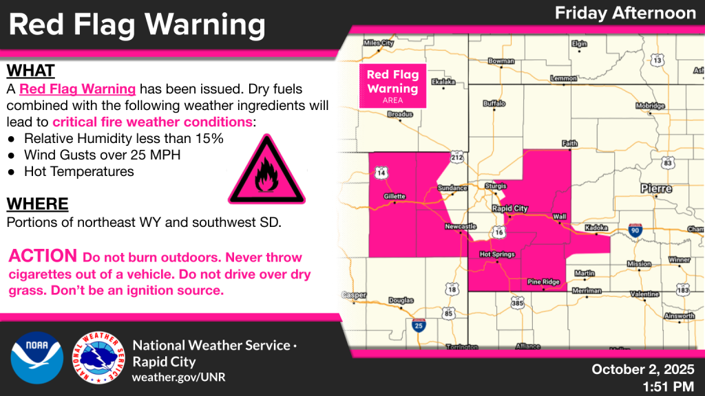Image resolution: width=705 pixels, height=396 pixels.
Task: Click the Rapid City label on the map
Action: pos(510,208)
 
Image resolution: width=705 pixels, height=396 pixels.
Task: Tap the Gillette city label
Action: pos(394,196)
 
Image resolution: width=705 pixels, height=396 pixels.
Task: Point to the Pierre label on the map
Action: pos(655,188)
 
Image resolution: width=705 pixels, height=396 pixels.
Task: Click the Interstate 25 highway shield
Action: pos(418,324)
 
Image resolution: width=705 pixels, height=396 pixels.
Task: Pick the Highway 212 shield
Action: pos(457,157)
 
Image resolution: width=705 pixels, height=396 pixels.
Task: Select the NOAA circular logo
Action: pos(36,358)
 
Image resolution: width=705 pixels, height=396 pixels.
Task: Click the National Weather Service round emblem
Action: pos(98,358)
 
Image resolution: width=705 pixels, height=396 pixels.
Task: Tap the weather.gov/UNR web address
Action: pos(178,377)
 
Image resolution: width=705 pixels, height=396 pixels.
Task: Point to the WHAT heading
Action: pos(30,71)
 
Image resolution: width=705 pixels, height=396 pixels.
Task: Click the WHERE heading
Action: pos(37,203)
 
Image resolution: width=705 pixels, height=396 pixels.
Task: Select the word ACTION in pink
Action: pos(43,256)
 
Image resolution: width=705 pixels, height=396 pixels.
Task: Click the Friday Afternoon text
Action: pos(625,12)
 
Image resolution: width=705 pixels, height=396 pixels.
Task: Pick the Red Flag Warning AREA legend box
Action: pos(392,86)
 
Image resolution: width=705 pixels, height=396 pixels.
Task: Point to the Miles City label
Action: pos(379,43)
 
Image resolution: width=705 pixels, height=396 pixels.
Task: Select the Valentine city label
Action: pos(644,294)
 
